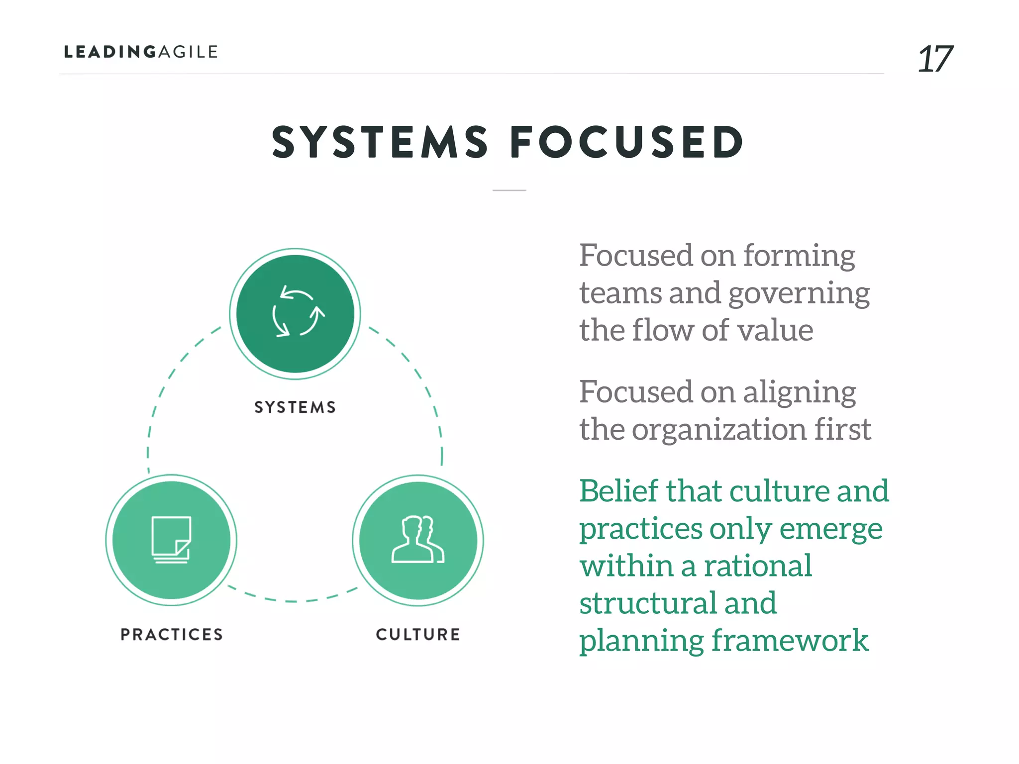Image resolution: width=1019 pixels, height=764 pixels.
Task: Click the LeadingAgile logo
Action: pyautogui.click(x=141, y=52)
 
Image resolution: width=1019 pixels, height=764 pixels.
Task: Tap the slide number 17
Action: pyautogui.click(x=934, y=59)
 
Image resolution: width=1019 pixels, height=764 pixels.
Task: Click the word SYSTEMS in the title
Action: pyautogui.click(x=380, y=142)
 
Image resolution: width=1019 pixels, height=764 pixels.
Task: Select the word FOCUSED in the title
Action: pyautogui.click(x=627, y=142)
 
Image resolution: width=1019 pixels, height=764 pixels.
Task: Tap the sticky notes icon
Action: pyautogui.click(x=171, y=540)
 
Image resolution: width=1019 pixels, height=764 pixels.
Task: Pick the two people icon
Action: pyautogui.click(x=418, y=540)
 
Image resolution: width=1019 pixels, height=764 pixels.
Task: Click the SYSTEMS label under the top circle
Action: pyautogui.click(x=295, y=407)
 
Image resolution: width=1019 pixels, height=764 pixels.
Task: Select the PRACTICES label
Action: pyautogui.click(x=172, y=634)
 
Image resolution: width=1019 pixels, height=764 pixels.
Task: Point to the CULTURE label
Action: pyautogui.click(x=418, y=634)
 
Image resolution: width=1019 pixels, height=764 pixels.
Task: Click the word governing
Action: pyautogui.click(x=799, y=293)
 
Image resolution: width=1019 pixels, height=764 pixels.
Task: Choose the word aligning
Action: pyautogui.click(x=799, y=393)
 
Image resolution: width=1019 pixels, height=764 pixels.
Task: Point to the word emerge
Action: pyautogui.click(x=830, y=529)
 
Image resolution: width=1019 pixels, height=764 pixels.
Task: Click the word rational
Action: pyautogui.click(x=757, y=566)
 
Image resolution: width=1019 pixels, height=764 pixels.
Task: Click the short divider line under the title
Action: pyautogui.click(x=509, y=190)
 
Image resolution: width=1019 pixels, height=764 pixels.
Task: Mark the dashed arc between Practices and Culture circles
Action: pyautogui.click(x=294, y=600)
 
